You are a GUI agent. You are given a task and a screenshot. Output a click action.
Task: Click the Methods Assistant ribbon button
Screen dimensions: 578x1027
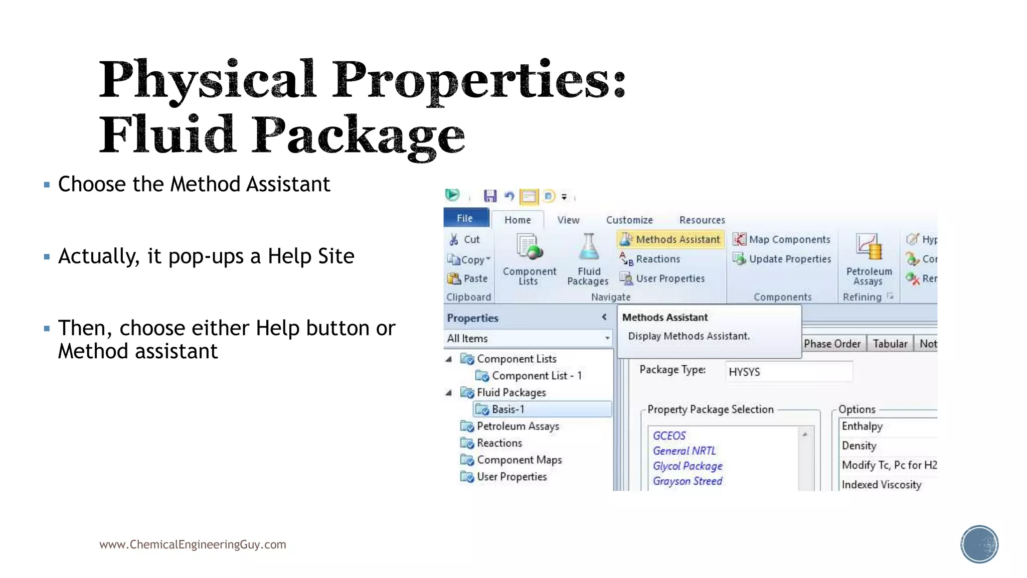671,239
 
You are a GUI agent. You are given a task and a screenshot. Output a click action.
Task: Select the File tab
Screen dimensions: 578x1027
465,218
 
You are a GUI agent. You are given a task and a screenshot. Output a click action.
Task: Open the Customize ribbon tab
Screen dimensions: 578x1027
629,220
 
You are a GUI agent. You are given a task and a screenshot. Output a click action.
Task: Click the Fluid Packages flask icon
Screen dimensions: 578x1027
588,247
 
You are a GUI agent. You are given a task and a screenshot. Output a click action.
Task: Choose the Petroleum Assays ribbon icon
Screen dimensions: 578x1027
869,247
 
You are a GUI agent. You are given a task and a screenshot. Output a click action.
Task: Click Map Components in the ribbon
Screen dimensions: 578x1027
782,239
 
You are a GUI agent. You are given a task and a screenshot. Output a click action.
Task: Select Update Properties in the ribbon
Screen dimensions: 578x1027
782,259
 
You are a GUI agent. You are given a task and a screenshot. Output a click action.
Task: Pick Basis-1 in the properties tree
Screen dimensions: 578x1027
507,409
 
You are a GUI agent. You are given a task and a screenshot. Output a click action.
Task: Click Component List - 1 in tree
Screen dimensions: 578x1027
537,376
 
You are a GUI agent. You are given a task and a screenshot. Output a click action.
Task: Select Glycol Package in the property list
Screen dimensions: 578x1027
688,466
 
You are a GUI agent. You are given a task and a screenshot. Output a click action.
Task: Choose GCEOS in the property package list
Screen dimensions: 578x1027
669,436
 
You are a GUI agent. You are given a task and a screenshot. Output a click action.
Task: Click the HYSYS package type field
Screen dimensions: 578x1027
788,372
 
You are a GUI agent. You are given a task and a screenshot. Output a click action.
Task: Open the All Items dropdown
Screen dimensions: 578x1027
529,339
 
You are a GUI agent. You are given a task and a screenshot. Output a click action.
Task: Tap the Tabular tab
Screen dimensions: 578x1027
890,344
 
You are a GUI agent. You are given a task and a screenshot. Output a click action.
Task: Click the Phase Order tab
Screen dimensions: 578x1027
832,344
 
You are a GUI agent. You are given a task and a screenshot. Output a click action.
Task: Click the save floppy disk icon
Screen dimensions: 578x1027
490,196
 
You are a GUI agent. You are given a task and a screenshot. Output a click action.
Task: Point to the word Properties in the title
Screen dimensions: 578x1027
479,80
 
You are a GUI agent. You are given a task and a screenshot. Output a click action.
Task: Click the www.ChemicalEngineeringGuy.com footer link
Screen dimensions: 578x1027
193,544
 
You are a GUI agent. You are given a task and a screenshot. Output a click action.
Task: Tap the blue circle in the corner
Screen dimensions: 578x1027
979,544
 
